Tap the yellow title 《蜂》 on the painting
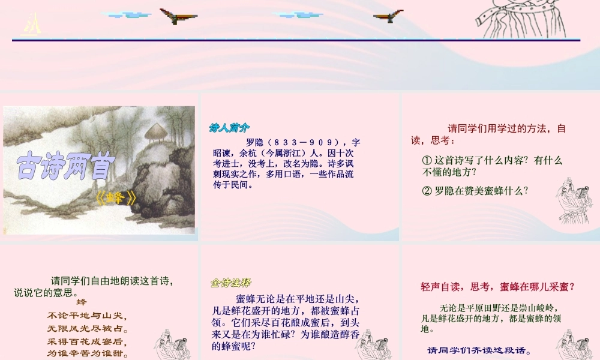[x=116, y=197]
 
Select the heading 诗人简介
[x=229, y=127]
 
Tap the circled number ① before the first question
[x=427, y=161]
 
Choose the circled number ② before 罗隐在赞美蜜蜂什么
[x=427, y=191]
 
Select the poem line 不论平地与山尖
[x=88, y=316]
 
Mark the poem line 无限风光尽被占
[x=88, y=329]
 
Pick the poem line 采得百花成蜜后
[x=88, y=341]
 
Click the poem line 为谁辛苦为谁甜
[x=88, y=353]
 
